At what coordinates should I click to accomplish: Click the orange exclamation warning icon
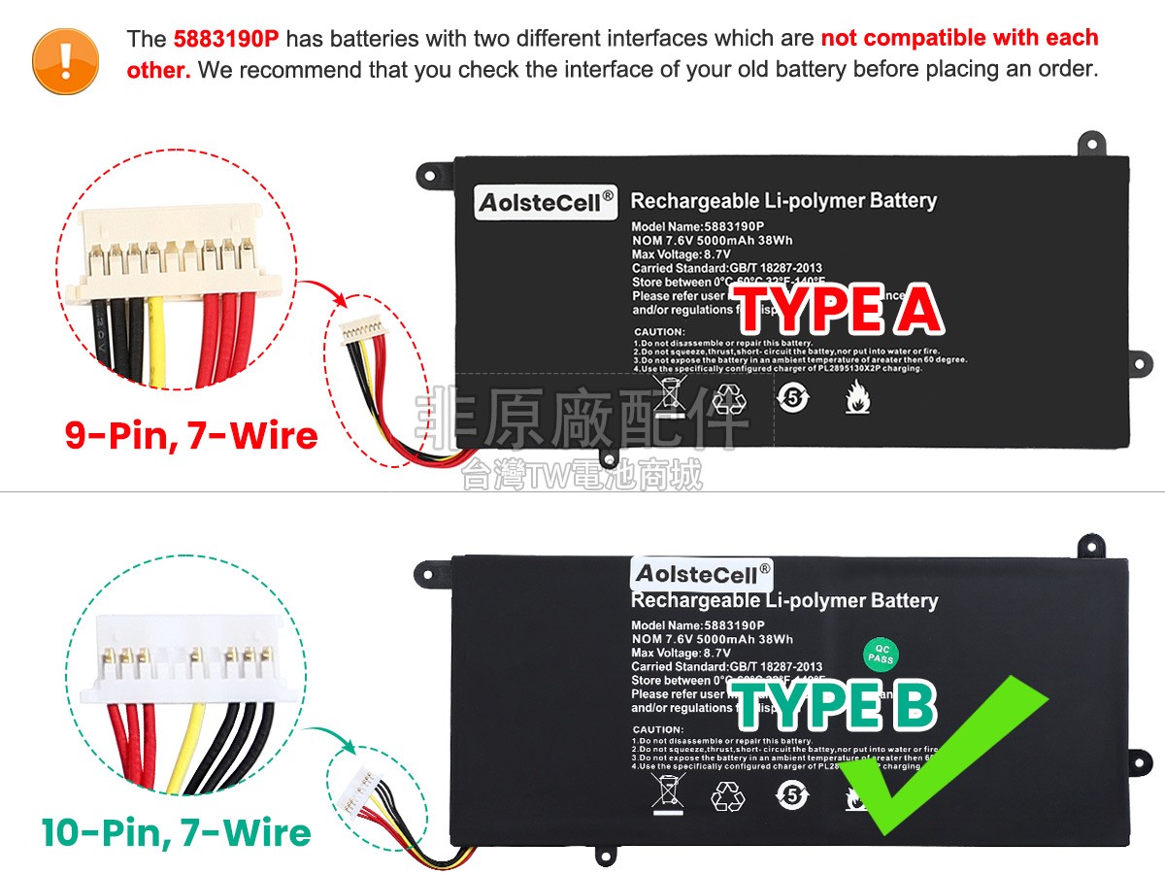click(65, 60)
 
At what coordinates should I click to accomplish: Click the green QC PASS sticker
click(881, 655)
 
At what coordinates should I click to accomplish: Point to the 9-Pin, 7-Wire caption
click(191, 434)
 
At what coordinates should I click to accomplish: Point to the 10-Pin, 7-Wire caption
click(176, 832)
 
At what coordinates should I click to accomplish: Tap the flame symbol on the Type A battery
click(856, 397)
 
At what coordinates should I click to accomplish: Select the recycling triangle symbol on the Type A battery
click(729, 397)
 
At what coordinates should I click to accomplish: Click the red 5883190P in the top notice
click(226, 39)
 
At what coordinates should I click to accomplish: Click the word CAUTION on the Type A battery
click(659, 332)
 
